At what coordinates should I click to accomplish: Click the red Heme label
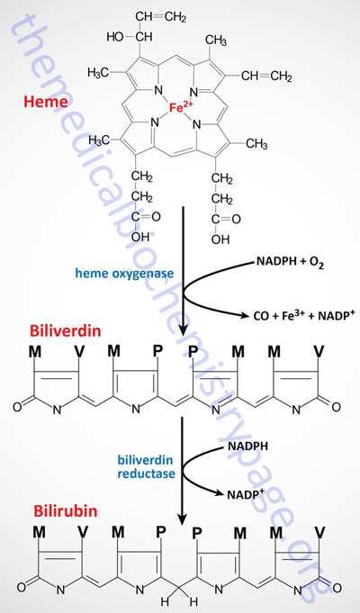coord(46,101)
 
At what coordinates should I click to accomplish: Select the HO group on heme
coord(115,37)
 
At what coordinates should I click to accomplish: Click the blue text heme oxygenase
coord(124,273)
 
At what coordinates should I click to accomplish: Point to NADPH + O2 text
coord(290,262)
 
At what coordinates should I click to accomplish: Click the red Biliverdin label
coord(65,331)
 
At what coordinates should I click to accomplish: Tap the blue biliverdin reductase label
coord(146,466)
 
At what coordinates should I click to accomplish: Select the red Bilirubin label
coord(66,511)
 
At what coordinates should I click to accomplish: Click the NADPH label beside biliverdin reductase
coord(247,446)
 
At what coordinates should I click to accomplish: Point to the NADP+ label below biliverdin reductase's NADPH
coord(246,493)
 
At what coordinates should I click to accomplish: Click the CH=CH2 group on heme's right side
coord(266,76)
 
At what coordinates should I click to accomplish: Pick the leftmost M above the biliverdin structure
coord(35,352)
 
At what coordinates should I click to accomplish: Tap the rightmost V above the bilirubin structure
coord(319,532)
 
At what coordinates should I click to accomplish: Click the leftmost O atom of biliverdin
coord(17,407)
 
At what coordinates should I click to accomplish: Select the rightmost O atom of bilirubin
coord(337,588)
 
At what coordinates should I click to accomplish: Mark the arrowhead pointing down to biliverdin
coord(183,329)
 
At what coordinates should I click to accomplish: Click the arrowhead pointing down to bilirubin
coord(182,518)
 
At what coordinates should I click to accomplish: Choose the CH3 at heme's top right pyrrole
coord(215,40)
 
